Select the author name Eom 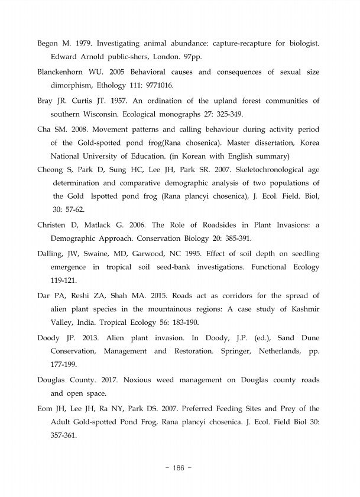(47, 408)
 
